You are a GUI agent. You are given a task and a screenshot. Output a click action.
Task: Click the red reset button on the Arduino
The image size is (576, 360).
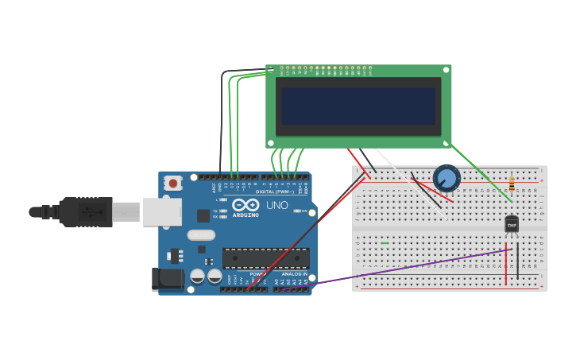[x=172, y=184]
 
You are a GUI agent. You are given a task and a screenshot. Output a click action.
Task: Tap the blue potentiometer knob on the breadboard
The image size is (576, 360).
[x=446, y=178]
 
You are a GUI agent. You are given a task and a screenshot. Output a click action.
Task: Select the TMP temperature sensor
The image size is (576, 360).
[x=512, y=225]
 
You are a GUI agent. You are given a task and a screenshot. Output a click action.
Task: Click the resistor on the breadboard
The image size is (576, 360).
[x=511, y=184]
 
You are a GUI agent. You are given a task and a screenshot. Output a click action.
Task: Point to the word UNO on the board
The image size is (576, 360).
[x=276, y=205]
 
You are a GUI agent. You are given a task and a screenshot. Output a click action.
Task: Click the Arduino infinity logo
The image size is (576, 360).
[x=245, y=205]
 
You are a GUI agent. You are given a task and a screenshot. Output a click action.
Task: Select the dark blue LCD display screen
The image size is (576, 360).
[x=358, y=106]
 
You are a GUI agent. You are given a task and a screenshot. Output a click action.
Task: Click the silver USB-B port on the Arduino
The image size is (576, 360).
[x=162, y=211]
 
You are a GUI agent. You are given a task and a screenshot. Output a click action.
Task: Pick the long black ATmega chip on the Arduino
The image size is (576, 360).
[x=265, y=257]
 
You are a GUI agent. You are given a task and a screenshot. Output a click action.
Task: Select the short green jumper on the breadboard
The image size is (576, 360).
[x=385, y=243]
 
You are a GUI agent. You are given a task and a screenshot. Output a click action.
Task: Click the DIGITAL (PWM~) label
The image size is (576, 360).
[x=275, y=192]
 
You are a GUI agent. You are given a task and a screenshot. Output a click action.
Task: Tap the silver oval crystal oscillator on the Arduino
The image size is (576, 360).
[x=201, y=235]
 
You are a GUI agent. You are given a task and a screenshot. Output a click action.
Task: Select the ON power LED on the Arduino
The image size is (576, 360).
[x=295, y=211]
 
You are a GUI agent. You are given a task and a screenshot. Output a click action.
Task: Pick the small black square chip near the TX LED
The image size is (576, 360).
[x=203, y=215]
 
